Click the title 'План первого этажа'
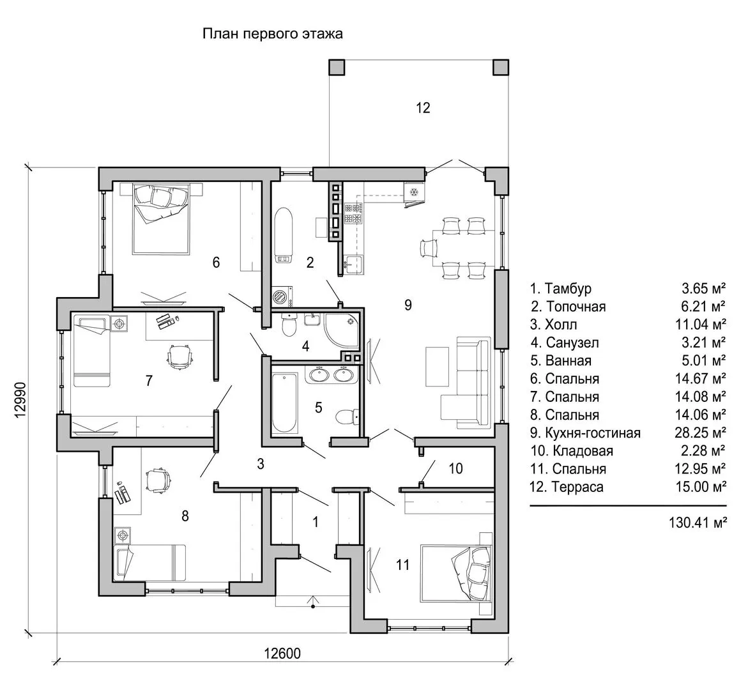click(273, 34)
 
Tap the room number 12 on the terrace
click(423, 107)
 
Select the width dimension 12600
click(282, 653)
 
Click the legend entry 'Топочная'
click(575, 307)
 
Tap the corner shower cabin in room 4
click(342, 328)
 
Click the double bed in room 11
click(457, 572)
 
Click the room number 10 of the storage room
click(455, 469)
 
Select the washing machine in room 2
click(281, 297)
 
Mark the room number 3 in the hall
click(261, 464)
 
